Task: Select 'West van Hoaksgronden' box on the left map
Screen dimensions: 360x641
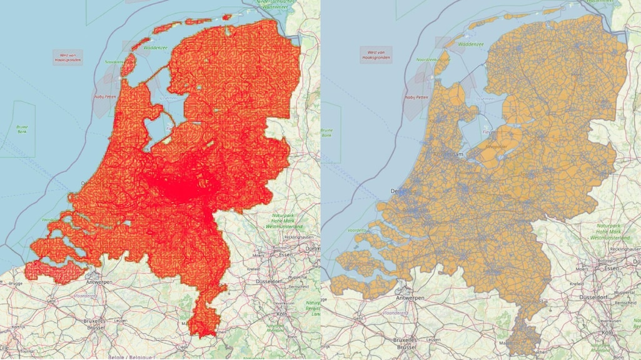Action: click(x=68, y=57)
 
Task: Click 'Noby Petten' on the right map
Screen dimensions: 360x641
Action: click(x=418, y=97)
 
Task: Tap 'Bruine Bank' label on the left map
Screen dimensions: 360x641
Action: click(x=23, y=129)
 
